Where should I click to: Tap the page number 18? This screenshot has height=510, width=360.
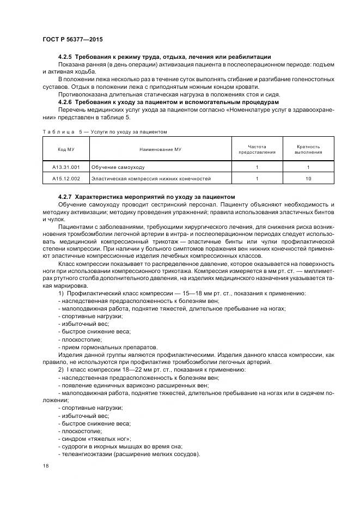[45, 466]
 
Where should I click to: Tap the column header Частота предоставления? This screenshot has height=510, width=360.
[257, 149]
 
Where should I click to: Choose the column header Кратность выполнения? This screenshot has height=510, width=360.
[308, 149]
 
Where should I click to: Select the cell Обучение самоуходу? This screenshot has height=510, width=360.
[118, 167]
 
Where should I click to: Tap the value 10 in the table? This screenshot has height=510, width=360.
[308, 178]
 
